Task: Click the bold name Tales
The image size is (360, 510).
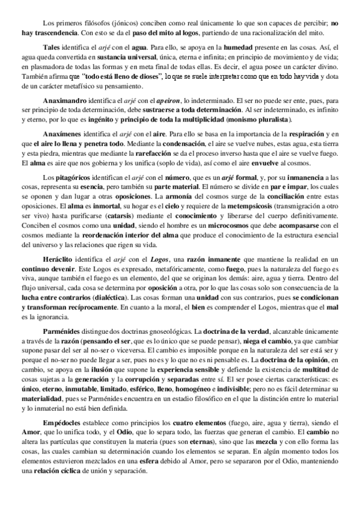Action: click(x=52, y=47)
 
